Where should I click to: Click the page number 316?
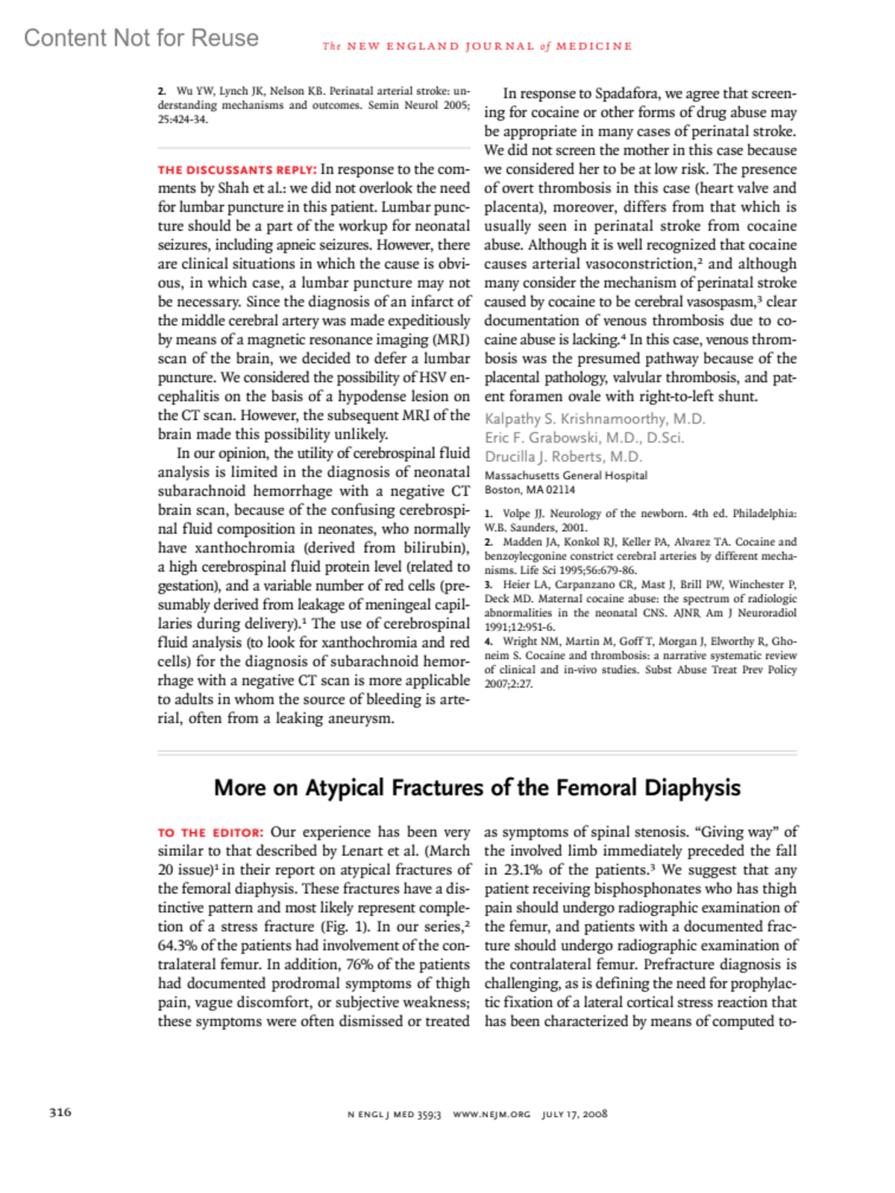point(60,1112)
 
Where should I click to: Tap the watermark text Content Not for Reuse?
point(141,38)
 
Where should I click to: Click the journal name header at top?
point(477,46)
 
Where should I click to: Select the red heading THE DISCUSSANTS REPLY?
point(237,170)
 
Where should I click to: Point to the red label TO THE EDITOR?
point(210,833)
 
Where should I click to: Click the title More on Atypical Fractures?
point(477,788)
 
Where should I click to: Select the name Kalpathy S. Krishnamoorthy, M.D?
point(594,419)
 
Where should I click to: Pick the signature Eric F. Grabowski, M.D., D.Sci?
point(584,438)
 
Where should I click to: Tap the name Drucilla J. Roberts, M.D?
point(563,456)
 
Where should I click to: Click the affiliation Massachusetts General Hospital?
point(566,476)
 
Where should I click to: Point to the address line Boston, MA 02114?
point(530,490)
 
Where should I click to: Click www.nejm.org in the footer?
point(492,1114)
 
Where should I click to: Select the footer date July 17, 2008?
point(574,1114)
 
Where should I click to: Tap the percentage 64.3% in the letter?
point(178,945)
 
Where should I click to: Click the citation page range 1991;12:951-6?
point(520,627)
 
